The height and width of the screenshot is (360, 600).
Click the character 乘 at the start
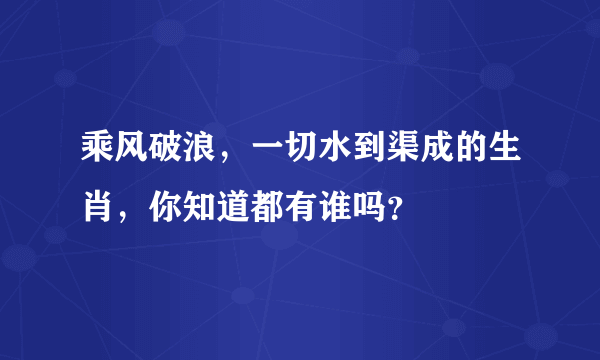[x=98, y=157]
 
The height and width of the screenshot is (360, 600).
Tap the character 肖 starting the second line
[x=98, y=207]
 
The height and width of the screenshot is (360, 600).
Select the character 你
[x=166, y=207]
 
